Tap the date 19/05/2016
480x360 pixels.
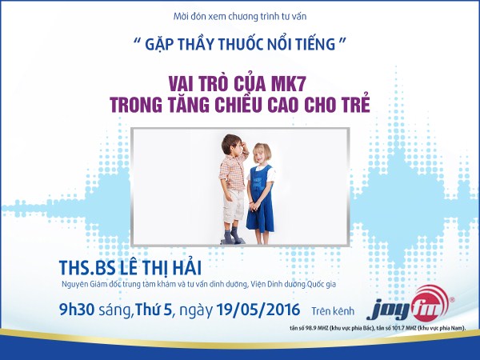pyautogui.click(x=258, y=309)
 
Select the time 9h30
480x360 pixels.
pyautogui.click(x=77, y=309)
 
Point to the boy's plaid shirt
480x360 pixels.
pyautogui.click(x=233, y=171)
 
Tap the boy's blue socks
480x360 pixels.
pyautogui.click(x=231, y=234)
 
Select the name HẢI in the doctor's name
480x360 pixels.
pyautogui.click(x=187, y=267)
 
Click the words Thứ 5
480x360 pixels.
pyautogui.click(x=153, y=309)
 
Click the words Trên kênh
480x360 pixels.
pyautogui.click(x=333, y=311)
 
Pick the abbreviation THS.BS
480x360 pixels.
pyautogui.click(x=87, y=267)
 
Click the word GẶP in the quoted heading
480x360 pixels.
pyautogui.click(x=159, y=44)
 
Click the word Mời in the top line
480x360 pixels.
pyautogui.click(x=180, y=16)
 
